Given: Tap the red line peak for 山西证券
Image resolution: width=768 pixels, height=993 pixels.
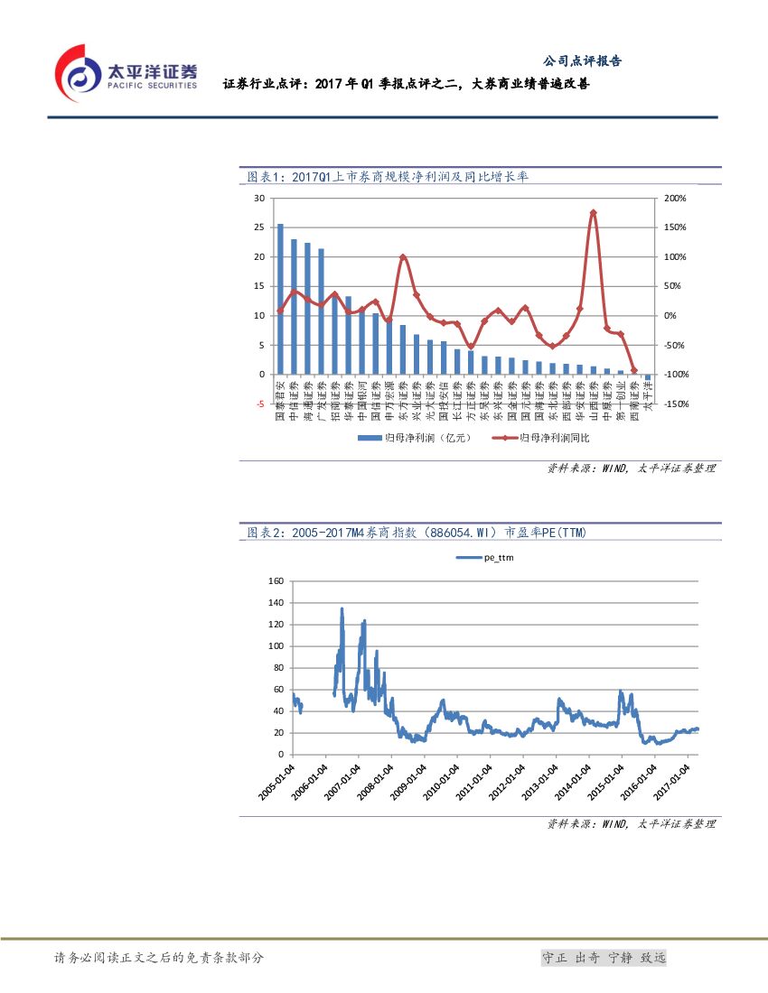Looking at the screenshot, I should point(593,213).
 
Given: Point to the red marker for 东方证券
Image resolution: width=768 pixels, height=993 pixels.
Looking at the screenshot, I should point(403,257).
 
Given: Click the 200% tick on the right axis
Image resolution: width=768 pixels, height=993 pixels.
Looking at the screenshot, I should point(675,198).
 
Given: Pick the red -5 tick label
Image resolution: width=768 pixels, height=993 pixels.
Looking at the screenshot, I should point(258,404).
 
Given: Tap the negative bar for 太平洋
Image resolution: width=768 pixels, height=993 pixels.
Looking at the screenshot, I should point(648,378).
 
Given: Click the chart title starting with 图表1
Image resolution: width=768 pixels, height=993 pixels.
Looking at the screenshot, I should point(388,177).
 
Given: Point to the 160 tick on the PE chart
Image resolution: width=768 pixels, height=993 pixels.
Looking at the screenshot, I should point(276,580).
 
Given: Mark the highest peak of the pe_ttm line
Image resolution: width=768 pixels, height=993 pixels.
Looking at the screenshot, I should point(342,608).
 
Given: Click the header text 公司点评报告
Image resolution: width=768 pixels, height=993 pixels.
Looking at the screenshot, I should point(582,61).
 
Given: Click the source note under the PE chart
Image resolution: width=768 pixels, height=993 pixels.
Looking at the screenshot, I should point(631,824).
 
